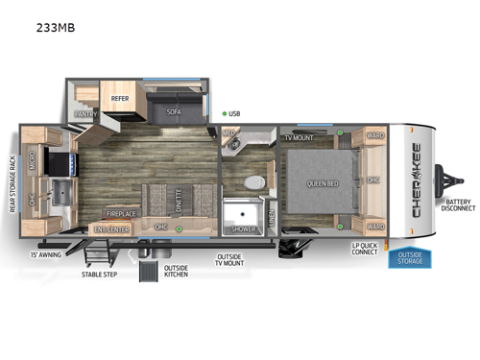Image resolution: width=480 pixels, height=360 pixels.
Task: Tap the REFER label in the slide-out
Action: [x=120, y=97]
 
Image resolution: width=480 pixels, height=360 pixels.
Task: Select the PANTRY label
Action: [x=87, y=113]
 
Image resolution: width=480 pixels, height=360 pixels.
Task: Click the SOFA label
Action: [x=173, y=111]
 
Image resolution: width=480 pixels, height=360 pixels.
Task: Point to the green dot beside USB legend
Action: [x=224, y=113]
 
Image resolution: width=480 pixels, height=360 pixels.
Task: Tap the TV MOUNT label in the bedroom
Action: [x=299, y=137]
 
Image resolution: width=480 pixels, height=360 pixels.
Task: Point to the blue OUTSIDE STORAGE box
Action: [x=409, y=257]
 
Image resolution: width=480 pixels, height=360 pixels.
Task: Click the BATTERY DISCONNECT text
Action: [x=457, y=206]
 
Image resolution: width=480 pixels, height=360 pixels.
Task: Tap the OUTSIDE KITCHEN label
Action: [x=177, y=271]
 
